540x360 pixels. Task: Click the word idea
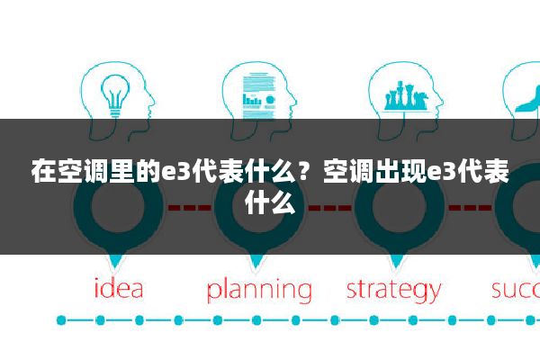coord(119,289)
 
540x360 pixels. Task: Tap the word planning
coord(259,291)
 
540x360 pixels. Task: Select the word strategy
coord(393,291)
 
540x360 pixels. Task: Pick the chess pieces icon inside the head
coord(407,95)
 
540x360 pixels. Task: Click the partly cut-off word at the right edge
coord(516,290)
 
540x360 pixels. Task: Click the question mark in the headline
coord(303,171)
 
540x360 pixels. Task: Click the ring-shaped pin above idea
coord(118,208)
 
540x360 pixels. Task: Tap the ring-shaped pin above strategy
coord(400,208)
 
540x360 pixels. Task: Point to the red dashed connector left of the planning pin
coord(189,208)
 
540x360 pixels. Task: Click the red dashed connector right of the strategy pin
coord(470,208)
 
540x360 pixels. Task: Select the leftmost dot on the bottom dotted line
coord(61,320)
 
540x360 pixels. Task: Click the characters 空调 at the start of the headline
coord(83,171)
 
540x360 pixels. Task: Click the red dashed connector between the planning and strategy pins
coord(330,208)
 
